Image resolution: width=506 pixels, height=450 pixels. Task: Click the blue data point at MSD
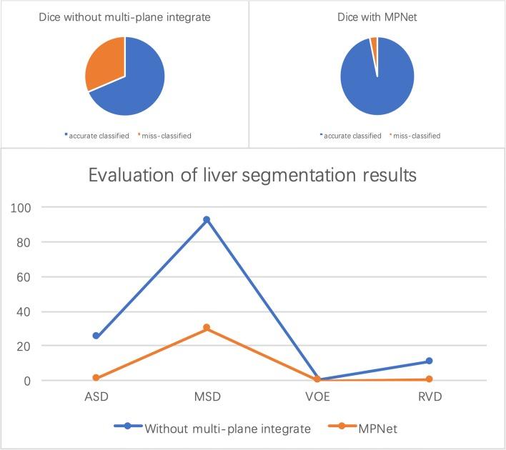click(207, 220)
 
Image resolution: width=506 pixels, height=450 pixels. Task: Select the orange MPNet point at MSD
click(207, 328)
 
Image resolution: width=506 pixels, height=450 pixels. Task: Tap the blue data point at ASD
click(96, 336)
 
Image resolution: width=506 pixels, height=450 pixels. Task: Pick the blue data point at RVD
click(429, 361)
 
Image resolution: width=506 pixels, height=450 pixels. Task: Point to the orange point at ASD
click(96, 378)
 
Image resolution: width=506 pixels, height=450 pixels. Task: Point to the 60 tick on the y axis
click(26, 277)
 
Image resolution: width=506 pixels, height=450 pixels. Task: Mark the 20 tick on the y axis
click(26, 346)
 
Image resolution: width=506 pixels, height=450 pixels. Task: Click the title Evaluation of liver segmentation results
click(252, 175)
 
